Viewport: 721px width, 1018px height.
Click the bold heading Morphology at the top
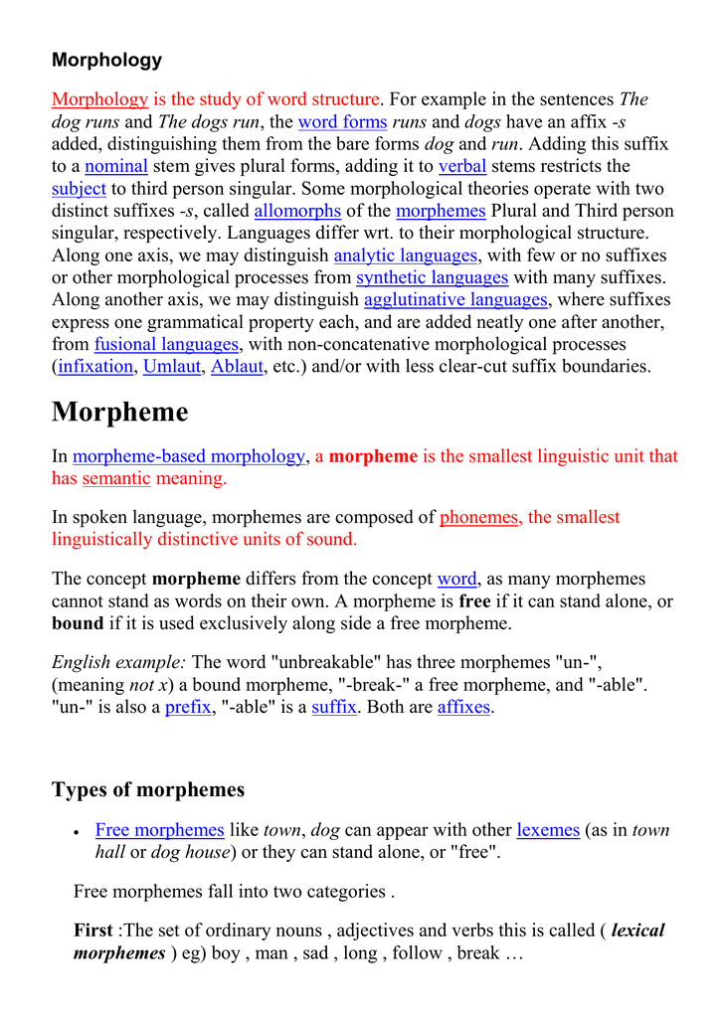(106, 60)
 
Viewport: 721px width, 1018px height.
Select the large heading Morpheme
(119, 412)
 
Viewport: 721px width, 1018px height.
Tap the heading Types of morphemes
(148, 790)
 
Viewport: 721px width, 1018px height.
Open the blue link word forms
(342, 122)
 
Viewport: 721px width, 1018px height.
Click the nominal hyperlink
(116, 166)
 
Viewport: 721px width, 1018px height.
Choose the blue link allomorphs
(297, 211)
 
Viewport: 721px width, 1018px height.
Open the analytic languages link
(406, 255)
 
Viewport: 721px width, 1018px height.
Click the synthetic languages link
(432, 277)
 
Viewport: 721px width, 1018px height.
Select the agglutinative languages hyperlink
(455, 299)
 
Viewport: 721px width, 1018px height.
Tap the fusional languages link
(166, 344)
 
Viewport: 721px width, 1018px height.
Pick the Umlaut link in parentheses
(172, 366)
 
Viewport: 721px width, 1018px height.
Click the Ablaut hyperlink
(238, 366)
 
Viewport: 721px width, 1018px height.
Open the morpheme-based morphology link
(189, 456)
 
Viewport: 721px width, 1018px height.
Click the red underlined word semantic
(116, 478)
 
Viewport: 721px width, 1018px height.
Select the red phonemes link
(478, 517)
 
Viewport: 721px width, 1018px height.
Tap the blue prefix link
(188, 708)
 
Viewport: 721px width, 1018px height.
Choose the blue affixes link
(463, 708)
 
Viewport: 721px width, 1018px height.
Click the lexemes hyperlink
(548, 830)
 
